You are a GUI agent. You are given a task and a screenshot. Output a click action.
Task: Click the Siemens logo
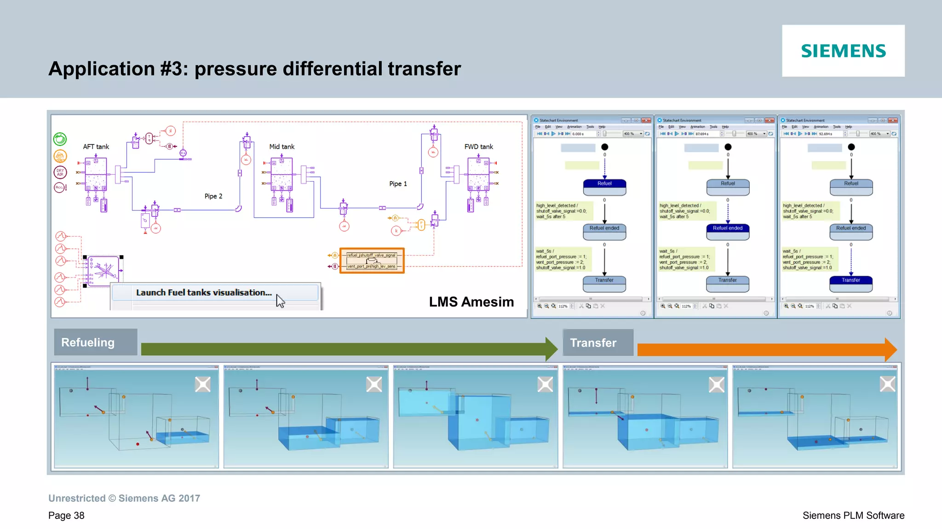(843, 51)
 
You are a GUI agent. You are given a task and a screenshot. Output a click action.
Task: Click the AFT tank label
(96, 147)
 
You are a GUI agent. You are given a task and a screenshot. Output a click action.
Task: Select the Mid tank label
(281, 147)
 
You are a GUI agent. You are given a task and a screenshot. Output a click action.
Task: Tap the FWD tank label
(478, 147)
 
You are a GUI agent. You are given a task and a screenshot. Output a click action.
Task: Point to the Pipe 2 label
(213, 196)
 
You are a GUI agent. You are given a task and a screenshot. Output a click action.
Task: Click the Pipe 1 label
(398, 184)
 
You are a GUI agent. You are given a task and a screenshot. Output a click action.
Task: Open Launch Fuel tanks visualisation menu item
(204, 293)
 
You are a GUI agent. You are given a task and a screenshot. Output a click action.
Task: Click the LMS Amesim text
(471, 302)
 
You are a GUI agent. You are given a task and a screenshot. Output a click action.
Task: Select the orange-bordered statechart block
(372, 261)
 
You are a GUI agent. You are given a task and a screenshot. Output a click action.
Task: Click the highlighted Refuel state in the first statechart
(604, 184)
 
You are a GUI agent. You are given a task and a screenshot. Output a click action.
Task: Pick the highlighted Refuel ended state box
(727, 228)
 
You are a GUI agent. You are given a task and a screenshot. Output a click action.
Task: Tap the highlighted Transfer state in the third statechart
(850, 280)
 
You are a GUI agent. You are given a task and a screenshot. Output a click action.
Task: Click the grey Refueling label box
(96, 342)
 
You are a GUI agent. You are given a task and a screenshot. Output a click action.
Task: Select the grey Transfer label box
(597, 343)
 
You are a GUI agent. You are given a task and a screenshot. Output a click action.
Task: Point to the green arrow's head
(551, 349)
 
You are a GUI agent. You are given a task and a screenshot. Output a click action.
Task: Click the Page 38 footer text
(66, 516)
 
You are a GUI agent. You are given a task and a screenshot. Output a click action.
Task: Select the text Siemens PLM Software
(853, 516)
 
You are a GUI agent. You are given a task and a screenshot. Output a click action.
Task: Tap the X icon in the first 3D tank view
(202, 384)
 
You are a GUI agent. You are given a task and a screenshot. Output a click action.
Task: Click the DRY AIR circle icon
(60, 172)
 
